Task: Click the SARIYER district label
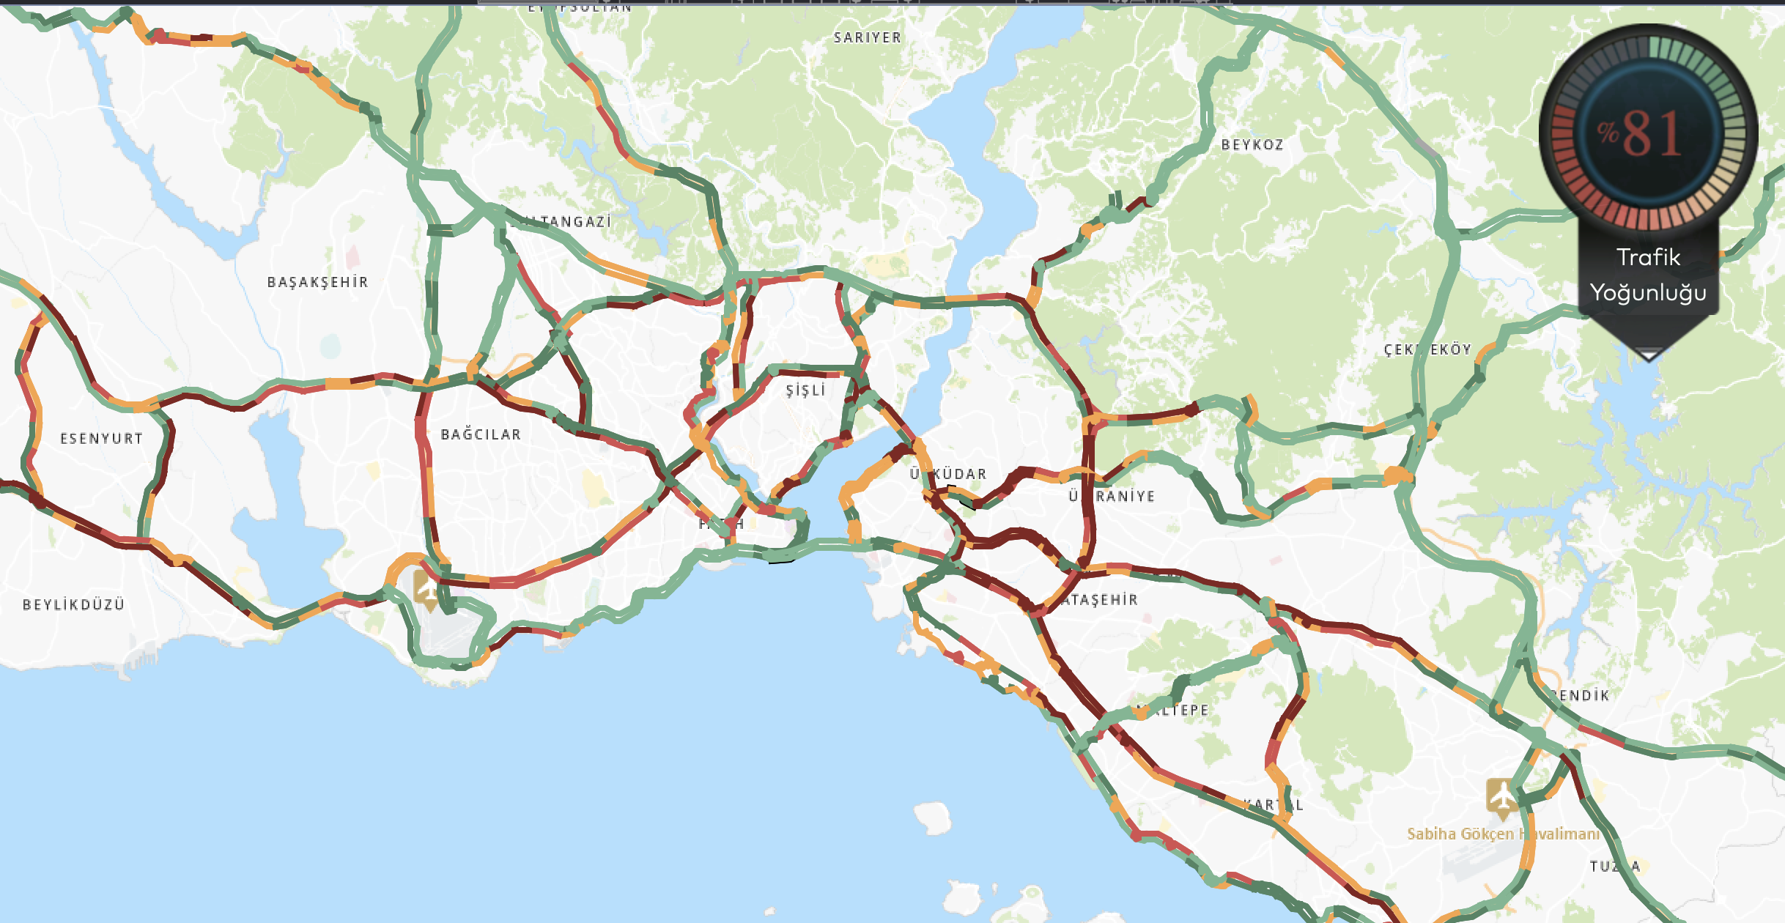pyautogui.click(x=868, y=37)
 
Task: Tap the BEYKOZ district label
pyautogui.click(x=1252, y=145)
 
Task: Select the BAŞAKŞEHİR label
pyautogui.click(x=317, y=282)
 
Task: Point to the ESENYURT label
pyautogui.click(x=101, y=439)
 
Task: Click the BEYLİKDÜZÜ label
pyautogui.click(x=73, y=604)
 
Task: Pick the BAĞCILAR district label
pyautogui.click(x=481, y=434)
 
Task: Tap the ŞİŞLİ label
pyautogui.click(x=805, y=390)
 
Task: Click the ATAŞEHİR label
pyautogui.click(x=1100, y=600)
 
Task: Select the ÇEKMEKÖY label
pyautogui.click(x=1427, y=349)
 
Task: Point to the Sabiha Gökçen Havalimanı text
pyautogui.click(x=1503, y=834)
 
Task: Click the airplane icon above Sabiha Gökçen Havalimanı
pyautogui.click(x=1502, y=796)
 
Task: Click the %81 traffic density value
pyautogui.click(x=1641, y=134)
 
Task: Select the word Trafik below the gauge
pyautogui.click(x=1648, y=257)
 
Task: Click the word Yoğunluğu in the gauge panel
pyautogui.click(x=1648, y=292)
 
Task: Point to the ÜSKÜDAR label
pyautogui.click(x=949, y=474)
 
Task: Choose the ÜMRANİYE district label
pyautogui.click(x=1112, y=496)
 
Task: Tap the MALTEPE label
pyautogui.click(x=1172, y=710)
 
